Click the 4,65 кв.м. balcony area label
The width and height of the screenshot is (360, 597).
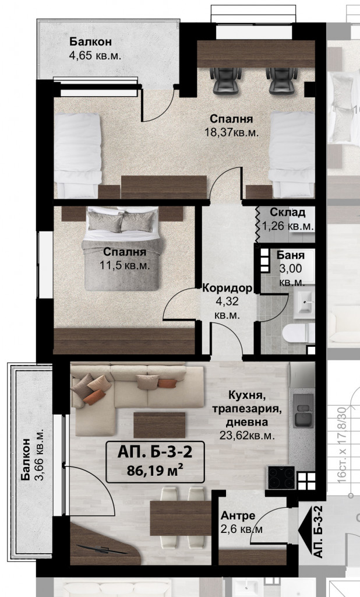tap(95, 56)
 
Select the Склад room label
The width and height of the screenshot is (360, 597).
tap(287, 212)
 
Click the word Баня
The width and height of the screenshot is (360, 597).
tap(290, 255)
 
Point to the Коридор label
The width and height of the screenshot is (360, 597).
tap(227, 288)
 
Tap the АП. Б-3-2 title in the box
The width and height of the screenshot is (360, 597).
tap(155, 452)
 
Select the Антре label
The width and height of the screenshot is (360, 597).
tap(238, 515)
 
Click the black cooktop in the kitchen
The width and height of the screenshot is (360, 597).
tap(282, 477)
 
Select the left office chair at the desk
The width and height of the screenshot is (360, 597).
tap(225, 80)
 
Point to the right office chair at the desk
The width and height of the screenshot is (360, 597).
tap(281, 80)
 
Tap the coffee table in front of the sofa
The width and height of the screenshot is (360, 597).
tap(160, 425)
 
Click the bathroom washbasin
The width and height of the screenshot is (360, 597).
tap(305, 303)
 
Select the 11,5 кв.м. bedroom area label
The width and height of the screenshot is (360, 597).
tap(125, 265)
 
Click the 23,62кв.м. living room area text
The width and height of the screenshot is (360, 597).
tap(247, 435)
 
